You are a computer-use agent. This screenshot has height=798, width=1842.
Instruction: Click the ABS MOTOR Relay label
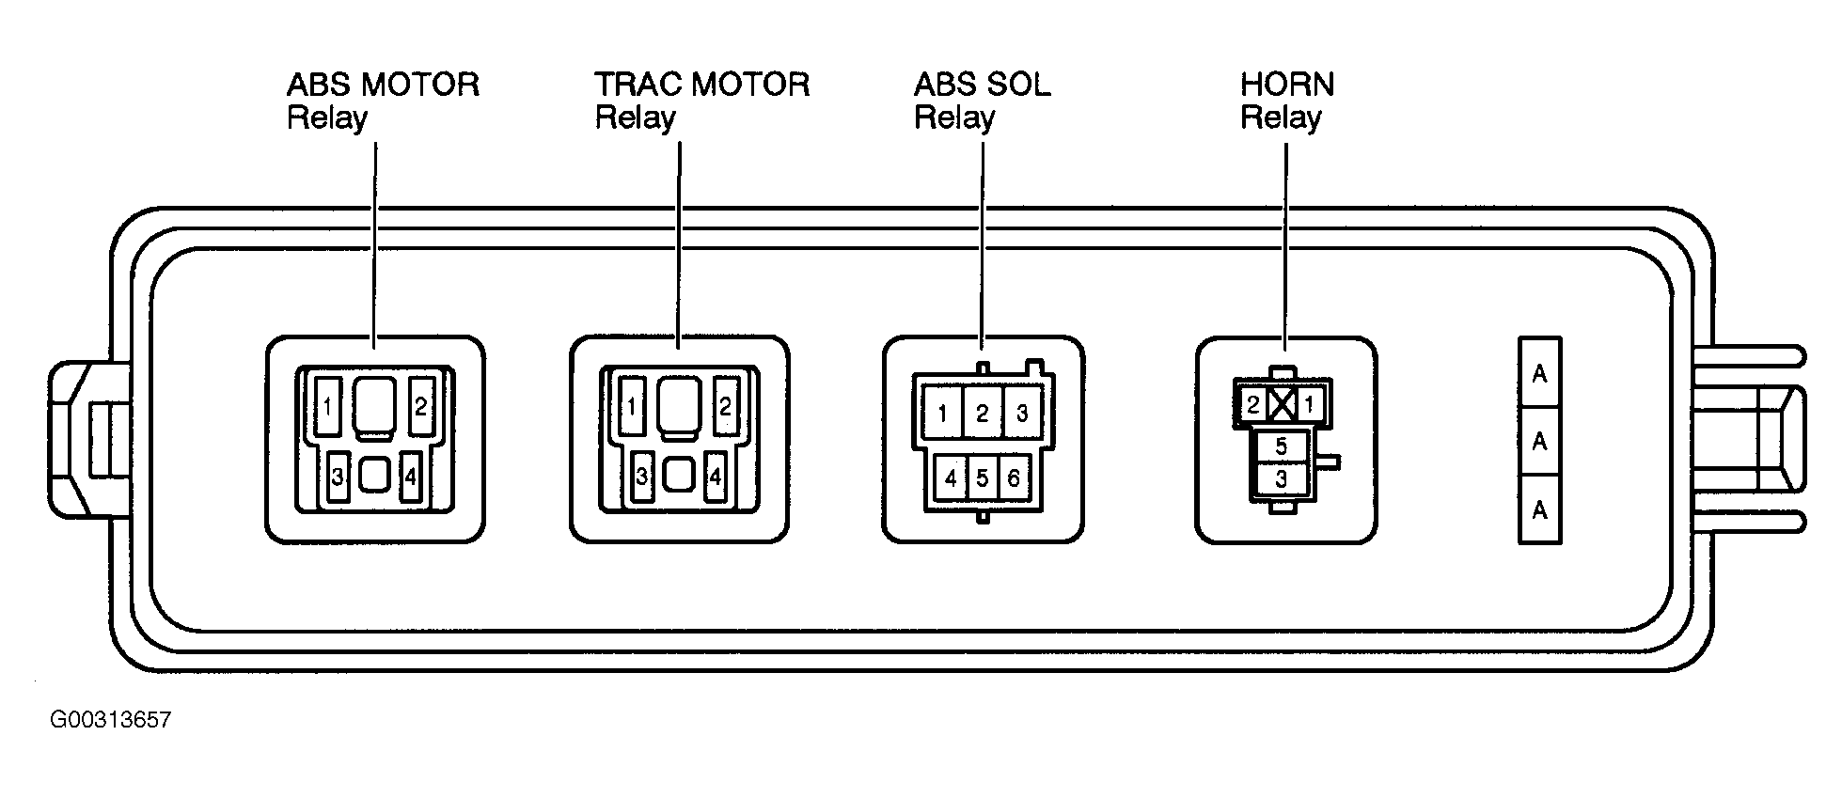[x=383, y=102]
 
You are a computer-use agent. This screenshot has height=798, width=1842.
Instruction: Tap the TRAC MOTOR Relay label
[x=701, y=102]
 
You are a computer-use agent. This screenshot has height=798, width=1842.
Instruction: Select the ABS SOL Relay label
[x=983, y=102]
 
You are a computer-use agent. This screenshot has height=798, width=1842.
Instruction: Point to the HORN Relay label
[x=1287, y=102]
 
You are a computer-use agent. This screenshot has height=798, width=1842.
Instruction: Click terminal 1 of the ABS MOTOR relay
[x=327, y=407]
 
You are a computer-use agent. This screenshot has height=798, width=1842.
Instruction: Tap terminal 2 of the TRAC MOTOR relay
[x=725, y=407]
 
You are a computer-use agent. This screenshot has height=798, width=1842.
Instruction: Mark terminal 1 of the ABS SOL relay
[x=942, y=414]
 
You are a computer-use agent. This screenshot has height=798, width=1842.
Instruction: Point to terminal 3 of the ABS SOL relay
[x=1023, y=414]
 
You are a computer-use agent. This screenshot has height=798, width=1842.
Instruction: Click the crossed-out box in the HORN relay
[x=1282, y=406]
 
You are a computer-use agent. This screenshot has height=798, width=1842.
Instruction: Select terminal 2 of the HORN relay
[x=1253, y=406]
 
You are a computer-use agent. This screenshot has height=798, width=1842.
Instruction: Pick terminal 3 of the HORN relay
[x=1281, y=479]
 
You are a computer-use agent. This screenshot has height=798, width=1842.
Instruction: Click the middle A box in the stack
[x=1539, y=441]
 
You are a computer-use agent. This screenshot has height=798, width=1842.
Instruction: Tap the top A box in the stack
[x=1539, y=373]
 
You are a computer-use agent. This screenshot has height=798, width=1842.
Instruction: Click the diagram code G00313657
[x=111, y=721]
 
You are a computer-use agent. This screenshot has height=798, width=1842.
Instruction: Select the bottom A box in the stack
[x=1539, y=509]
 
